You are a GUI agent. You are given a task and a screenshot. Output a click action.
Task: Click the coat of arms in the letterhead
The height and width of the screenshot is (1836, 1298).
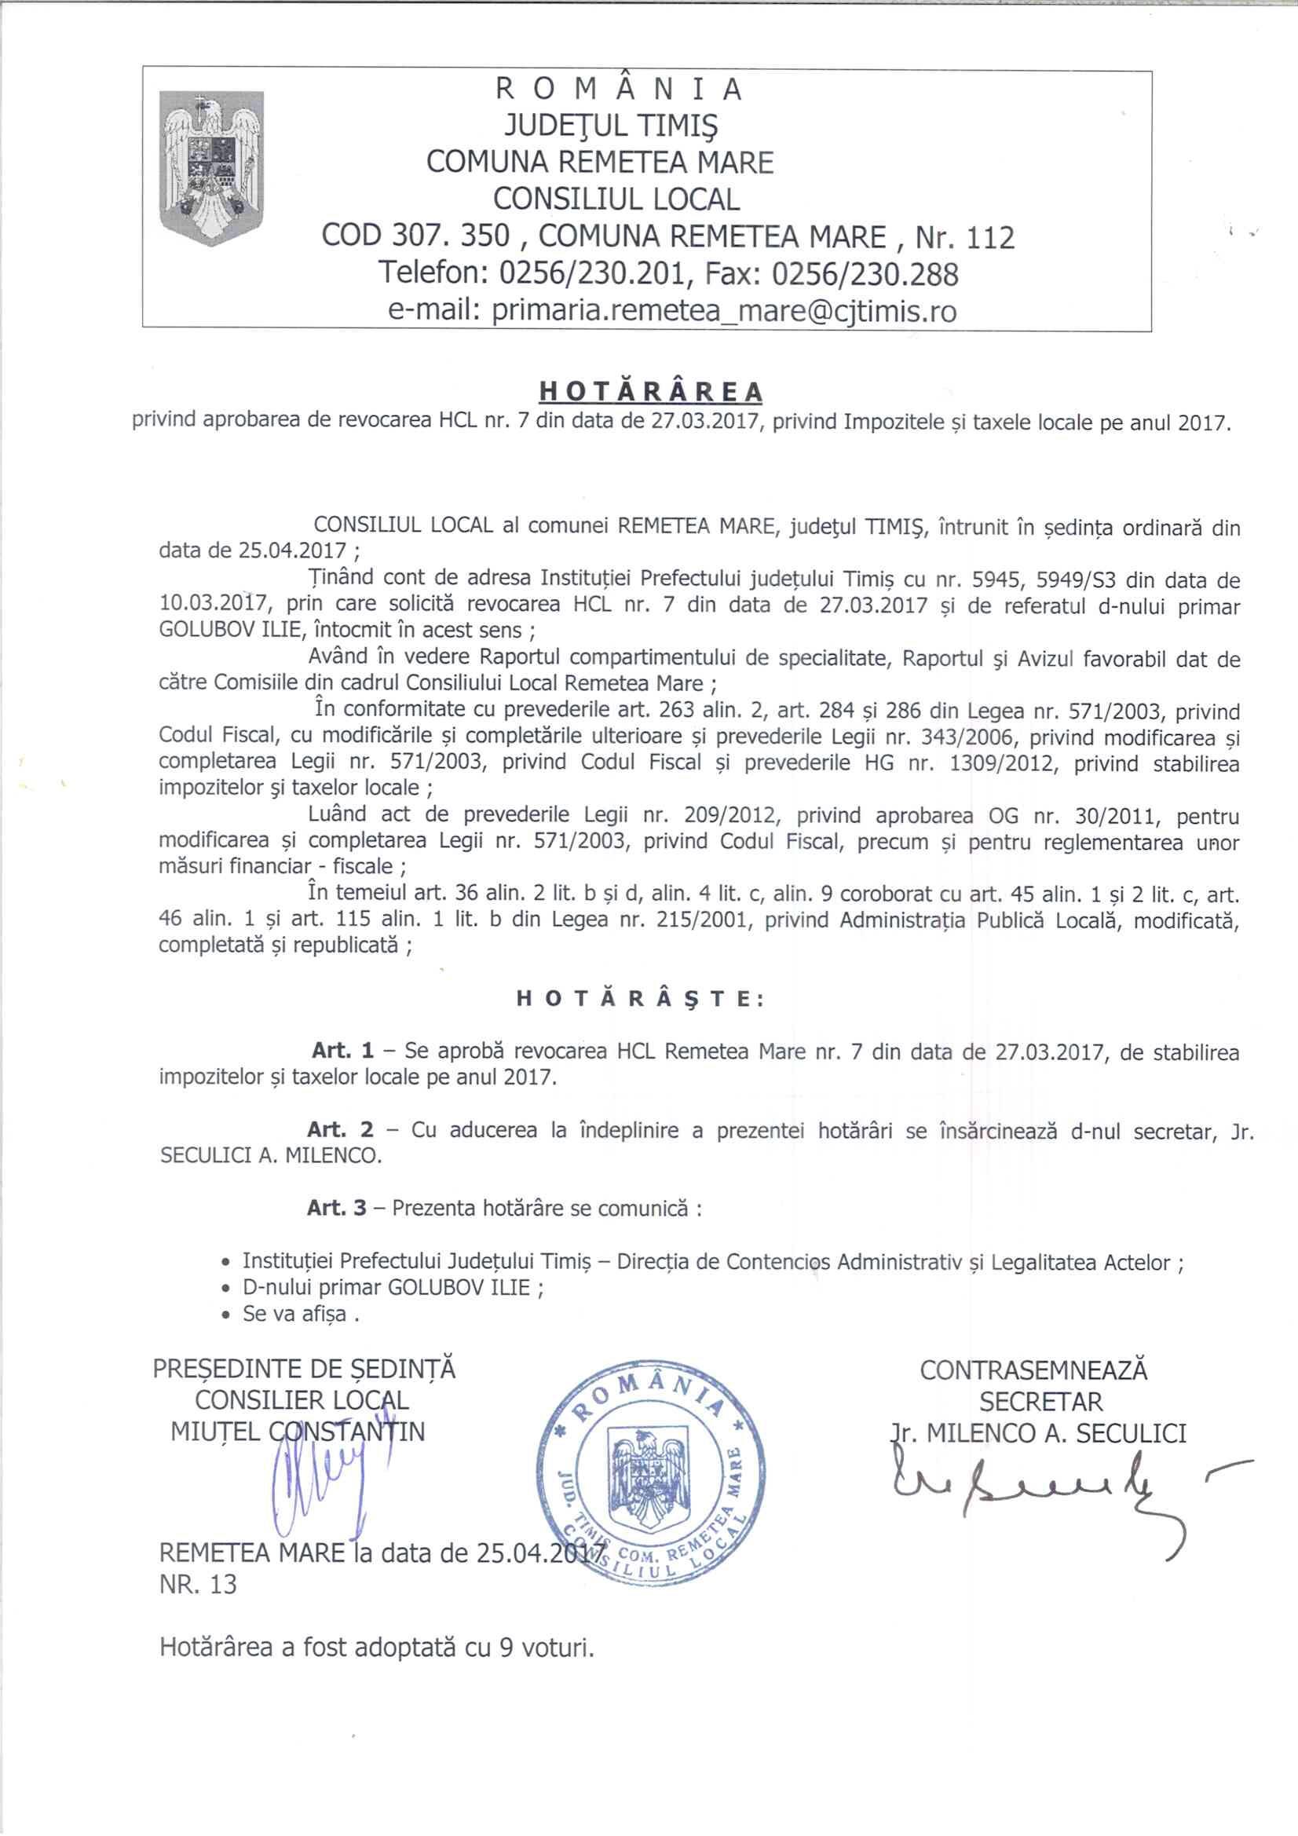coord(212,169)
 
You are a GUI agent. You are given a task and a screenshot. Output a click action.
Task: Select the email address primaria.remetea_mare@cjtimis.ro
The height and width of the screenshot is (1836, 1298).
coord(724,311)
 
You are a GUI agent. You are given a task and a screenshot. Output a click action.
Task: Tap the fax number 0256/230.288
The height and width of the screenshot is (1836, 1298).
coord(865,274)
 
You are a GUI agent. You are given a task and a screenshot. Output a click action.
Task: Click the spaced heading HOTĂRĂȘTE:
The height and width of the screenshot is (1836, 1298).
coord(641,999)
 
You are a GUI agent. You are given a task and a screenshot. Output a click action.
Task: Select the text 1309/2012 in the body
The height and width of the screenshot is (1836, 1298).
coord(1004,763)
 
